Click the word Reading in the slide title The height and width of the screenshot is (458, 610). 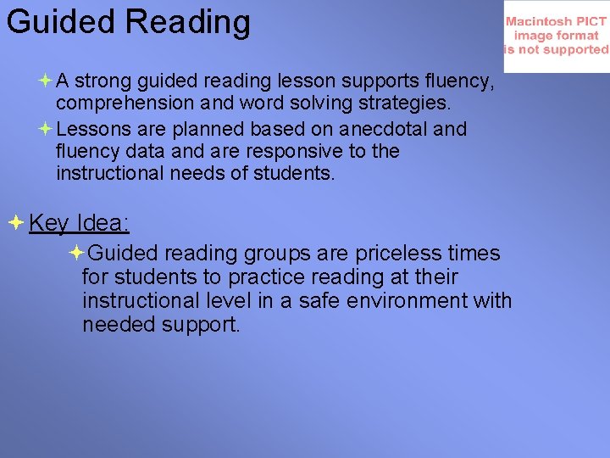click(189, 21)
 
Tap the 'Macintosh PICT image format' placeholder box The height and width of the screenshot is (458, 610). click(557, 36)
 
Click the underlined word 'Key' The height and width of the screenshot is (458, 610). click(48, 223)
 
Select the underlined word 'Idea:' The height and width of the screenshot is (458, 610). click(103, 223)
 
